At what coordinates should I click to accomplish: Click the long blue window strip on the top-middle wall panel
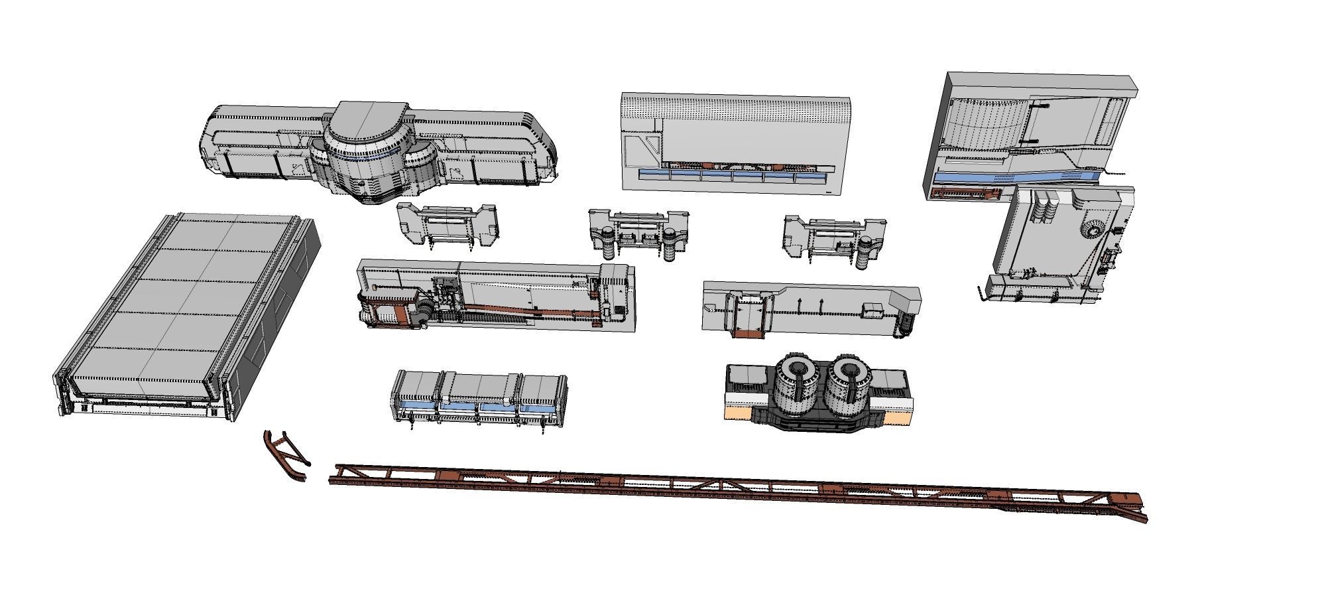(733, 176)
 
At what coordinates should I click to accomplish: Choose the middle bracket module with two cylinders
(638, 232)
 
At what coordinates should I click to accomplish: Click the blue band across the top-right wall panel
(1014, 177)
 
